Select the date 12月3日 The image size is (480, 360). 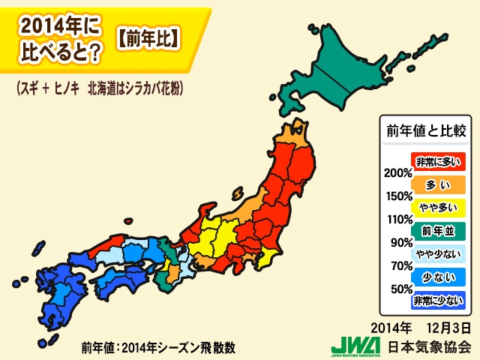click(446, 328)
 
